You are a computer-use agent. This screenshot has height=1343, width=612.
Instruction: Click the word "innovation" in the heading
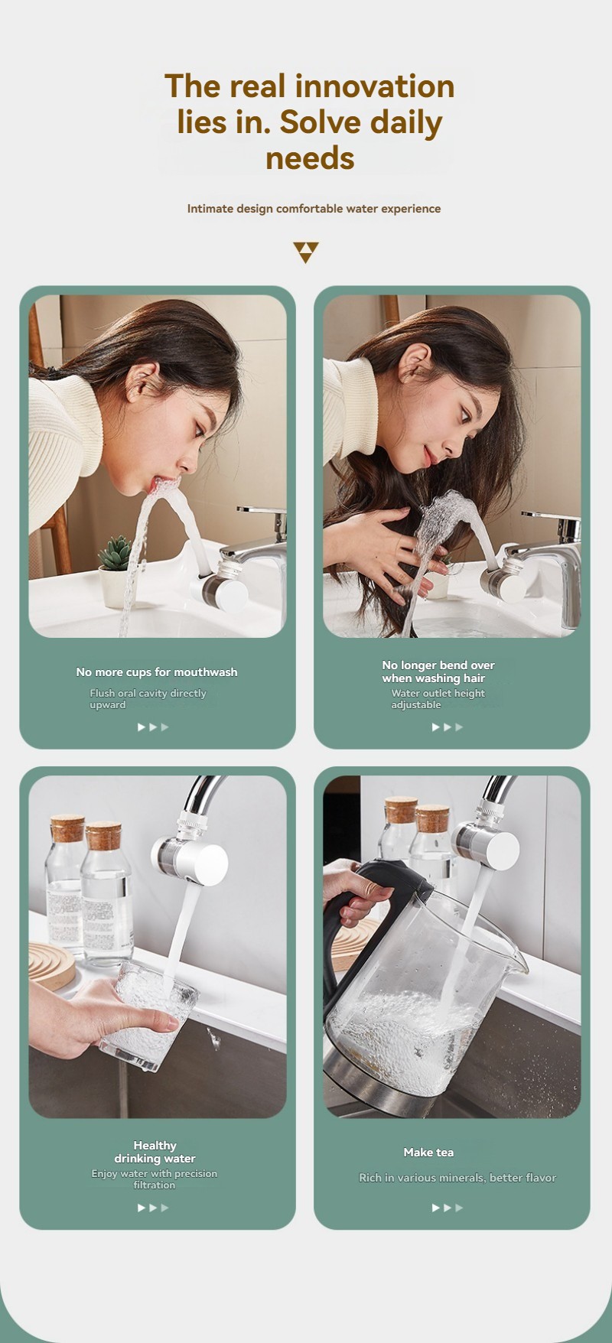coord(376,86)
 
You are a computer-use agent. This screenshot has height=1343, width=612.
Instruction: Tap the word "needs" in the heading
coord(310,158)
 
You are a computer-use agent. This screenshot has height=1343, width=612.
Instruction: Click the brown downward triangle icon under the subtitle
coord(305,252)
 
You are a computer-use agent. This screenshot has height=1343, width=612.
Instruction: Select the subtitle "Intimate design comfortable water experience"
coord(314,209)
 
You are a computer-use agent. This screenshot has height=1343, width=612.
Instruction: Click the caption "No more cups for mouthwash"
coord(157,672)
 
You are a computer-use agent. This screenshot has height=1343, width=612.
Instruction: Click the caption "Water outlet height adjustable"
coord(438,699)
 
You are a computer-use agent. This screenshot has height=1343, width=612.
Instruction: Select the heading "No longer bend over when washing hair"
coord(438,671)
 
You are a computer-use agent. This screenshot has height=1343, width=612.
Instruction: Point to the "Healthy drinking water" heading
coord(155,1152)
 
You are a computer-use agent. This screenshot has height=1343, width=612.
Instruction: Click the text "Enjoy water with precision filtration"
coord(155,1179)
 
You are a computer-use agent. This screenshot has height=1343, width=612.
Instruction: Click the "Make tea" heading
coord(428,1153)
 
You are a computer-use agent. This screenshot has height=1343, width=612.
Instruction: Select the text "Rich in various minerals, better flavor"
coord(457,1178)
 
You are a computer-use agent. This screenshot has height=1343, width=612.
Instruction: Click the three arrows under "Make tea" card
coord(448,1208)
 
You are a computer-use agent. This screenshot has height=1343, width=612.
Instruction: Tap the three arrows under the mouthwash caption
coord(153,727)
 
